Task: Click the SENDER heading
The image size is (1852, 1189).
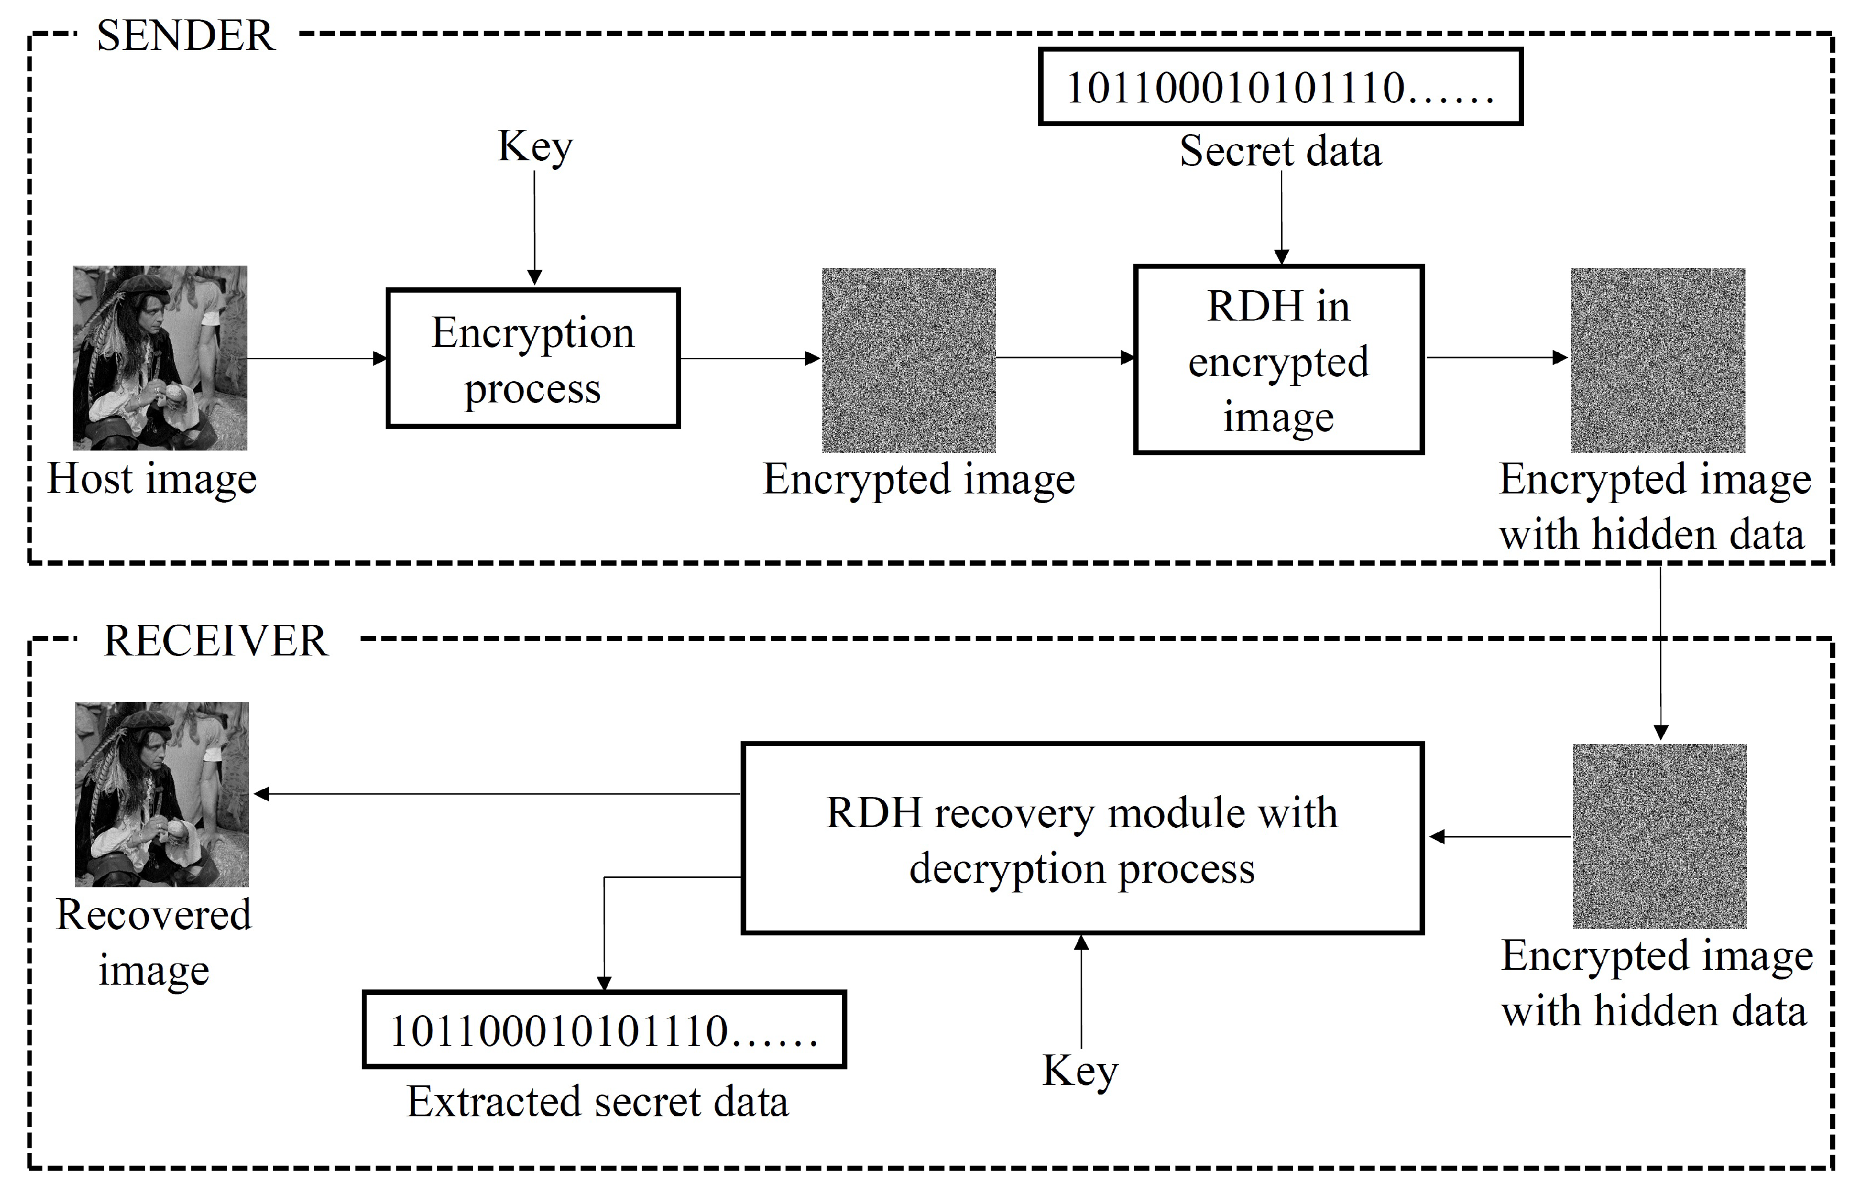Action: [186, 35]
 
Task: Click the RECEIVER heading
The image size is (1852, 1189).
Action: [215, 641]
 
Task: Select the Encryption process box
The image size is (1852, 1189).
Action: [533, 358]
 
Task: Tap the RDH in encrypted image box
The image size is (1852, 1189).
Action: [1278, 360]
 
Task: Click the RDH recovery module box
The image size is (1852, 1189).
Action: [1081, 839]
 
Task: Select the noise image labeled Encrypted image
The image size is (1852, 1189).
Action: [908, 360]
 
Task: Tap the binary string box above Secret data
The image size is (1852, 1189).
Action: [1280, 86]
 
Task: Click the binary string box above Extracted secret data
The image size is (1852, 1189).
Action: [604, 1030]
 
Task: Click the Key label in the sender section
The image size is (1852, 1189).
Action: [534, 147]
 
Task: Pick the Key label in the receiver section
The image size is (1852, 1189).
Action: [1079, 1072]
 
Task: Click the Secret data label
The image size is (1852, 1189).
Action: [1280, 151]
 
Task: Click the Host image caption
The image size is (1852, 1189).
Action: [152, 480]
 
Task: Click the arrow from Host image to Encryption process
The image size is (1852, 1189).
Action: [317, 358]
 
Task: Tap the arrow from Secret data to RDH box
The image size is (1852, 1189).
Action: [1281, 216]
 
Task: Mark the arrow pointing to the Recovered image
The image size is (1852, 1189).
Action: [494, 793]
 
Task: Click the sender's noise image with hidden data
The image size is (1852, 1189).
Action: [1657, 360]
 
